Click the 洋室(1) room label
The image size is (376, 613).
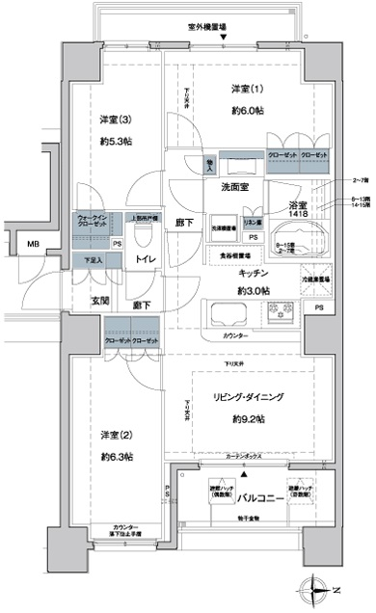pyautogui.click(x=245, y=90)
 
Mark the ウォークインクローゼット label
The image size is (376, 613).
pyautogui.click(x=92, y=221)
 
